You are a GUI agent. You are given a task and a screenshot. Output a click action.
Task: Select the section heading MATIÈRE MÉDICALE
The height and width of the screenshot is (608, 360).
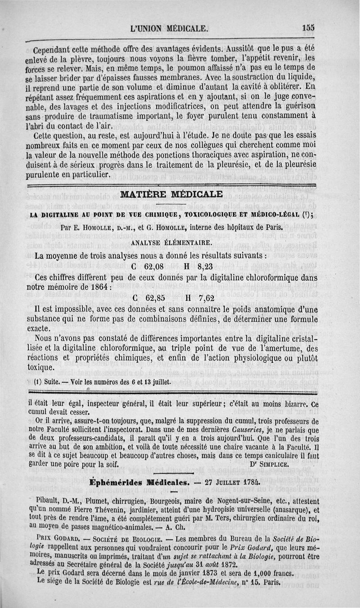point(172,195)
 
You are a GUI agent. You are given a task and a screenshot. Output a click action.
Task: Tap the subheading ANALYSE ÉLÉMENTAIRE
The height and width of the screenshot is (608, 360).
point(171,243)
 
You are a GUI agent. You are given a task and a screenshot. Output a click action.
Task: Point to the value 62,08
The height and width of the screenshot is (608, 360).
point(147,266)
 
